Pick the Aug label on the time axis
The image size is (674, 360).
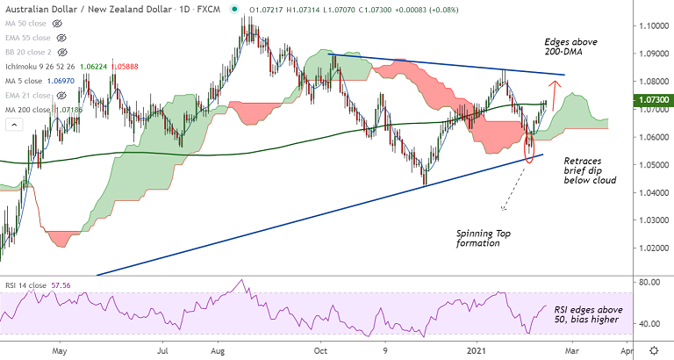[x=219, y=350]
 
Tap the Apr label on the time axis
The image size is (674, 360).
[x=626, y=350]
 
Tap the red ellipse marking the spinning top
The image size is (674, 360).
[x=528, y=146]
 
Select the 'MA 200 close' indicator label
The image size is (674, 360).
[x=26, y=108]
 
